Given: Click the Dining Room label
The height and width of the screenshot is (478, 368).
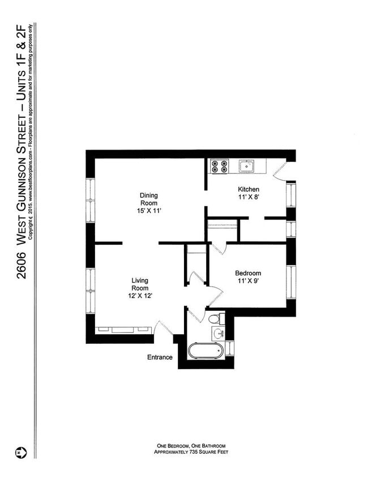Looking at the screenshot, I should pyautogui.click(x=149, y=199).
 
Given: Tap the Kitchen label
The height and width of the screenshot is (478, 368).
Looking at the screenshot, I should pyautogui.click(x=249, y=189).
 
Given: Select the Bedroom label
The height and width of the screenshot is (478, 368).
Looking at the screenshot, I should pyautogui.click(x=248, y=274).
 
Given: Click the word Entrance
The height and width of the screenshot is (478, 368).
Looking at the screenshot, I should pyautogui.click(x=160, y=357).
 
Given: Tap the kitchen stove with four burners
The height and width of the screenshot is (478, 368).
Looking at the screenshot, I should pyautogui.click(x=219, y=166).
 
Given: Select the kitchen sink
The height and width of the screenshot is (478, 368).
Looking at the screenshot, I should pyautogui.click(x=246, y=166).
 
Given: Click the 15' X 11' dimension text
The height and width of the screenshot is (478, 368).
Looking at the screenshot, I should pyautogui.click(x=149, y=211).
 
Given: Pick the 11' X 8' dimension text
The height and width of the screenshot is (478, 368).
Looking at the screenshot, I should pyautogui.click(x=249, y=198).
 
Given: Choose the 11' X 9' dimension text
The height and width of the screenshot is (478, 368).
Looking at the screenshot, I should pyautogui.click(x=248, y=282).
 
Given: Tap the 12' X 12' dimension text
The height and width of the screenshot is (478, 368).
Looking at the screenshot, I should pyautogui.click(x=140, y=296).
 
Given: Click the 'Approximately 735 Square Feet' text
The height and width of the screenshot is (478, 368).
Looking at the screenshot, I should pyautogui.click(x=192, y=451).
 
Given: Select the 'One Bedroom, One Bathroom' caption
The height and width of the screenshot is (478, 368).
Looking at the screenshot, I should pyautogui.click(x=192, y=446).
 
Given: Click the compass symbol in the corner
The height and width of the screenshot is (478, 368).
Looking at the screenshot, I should pyautogui.click(x=19, y=453).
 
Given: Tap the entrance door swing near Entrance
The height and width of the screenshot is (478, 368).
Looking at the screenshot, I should pyautogui.click(x=161, y=330).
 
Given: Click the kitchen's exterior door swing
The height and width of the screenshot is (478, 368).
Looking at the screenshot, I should pyautogui.click(x=280, y=170).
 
